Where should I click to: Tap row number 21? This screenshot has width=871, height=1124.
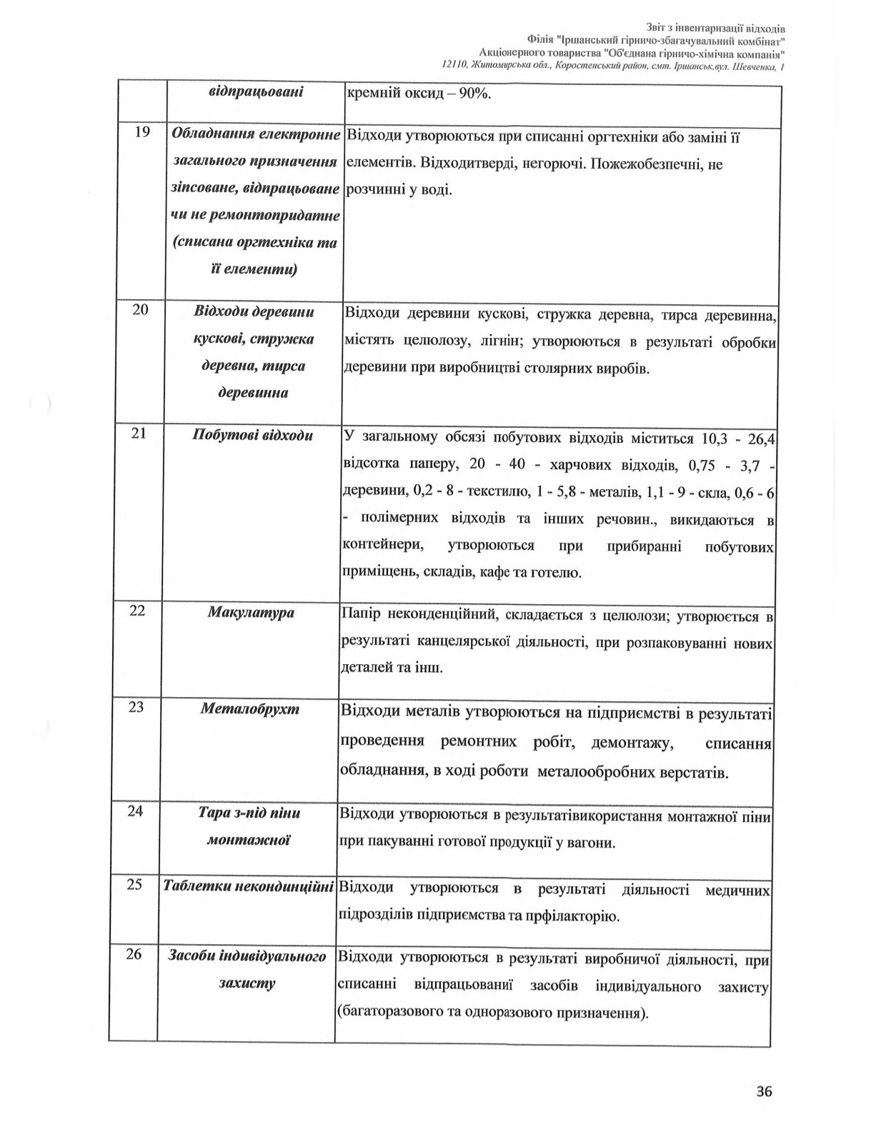click(140, 434)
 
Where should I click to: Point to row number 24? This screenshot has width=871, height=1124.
click(136, 812)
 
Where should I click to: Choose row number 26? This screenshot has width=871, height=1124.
click(134, 955)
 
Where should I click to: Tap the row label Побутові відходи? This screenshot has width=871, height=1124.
click(253, 435)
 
